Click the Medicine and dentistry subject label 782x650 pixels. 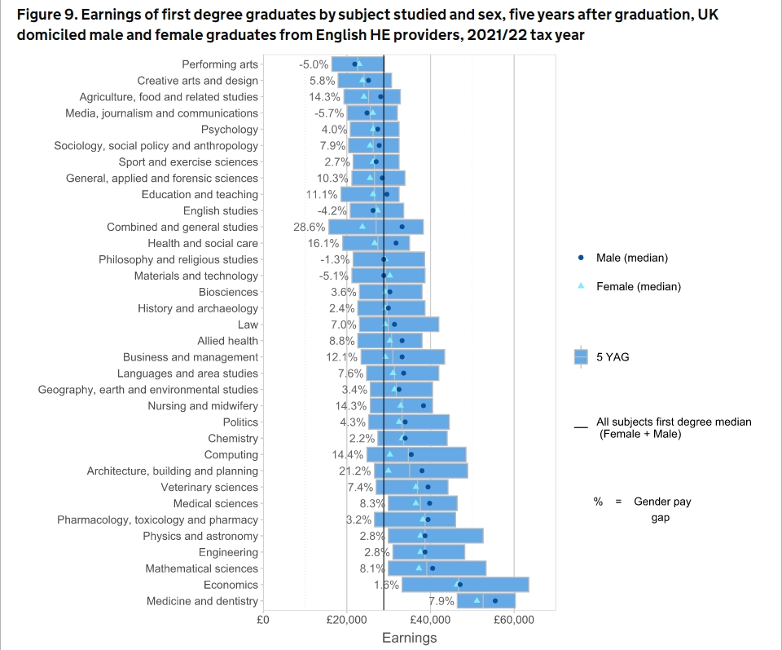[202, 601]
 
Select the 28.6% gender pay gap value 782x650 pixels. [310, 227]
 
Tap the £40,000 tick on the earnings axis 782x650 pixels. [430, 620]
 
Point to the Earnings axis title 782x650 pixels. [409, 638]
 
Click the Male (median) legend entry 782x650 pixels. [631, 258]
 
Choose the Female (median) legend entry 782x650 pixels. [638, 286]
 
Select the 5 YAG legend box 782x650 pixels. [581, 356]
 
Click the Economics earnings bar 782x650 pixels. [465, 585]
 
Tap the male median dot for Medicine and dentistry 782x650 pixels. [494, 601]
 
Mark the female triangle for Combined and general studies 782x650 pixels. [362, 226]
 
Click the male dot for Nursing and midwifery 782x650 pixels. [423, 405]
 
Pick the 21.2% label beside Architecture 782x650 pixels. [355, 471]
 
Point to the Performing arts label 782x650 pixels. [219, 64]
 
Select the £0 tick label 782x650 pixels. [263, 620]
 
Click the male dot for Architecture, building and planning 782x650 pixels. [422, 471]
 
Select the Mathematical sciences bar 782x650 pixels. [437, 568]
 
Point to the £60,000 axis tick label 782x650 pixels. [514, 620]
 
